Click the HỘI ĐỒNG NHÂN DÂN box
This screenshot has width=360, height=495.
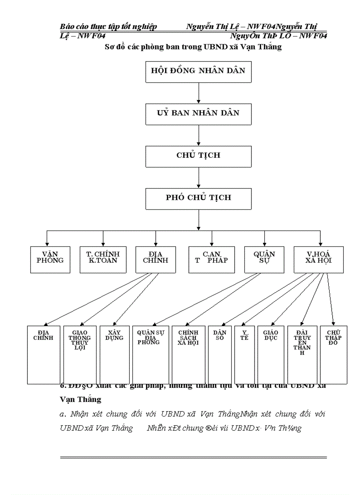click(x=198, y=71)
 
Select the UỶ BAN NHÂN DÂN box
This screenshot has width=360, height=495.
click(x=198, y=114)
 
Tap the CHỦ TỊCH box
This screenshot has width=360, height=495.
click(x=198, y=156)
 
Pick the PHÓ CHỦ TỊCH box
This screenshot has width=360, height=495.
click(x=198, y=198)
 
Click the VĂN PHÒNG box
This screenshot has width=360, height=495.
click(x=50, y=259)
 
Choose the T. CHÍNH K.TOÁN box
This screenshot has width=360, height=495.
click(x=103, y=259)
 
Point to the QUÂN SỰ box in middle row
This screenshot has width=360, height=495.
click(x=264, y=259)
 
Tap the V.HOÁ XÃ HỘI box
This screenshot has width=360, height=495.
click(x=319, y=259)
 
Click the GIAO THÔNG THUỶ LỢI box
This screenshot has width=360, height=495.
click(x=79, y=354)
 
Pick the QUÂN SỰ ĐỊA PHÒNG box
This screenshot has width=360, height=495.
click(x=150, y=354)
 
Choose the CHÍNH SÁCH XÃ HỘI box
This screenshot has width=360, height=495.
click(x=188, y=354)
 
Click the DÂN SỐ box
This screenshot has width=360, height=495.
click(x=219, y=354)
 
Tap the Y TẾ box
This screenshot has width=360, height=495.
click(x=244, y=354)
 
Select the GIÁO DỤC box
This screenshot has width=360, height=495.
click(x=270, y=354)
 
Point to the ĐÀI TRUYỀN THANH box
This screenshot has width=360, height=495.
click(x=302, y=354)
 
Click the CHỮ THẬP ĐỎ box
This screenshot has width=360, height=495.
click(x=334, y=354)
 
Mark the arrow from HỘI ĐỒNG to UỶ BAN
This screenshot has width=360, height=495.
click(x=199, y=93)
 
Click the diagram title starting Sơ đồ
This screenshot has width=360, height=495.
click(x=193, y=47)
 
